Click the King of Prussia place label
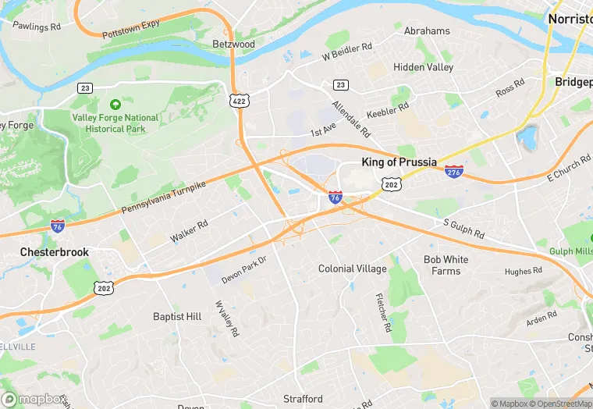pos(403,162)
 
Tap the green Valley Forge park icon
pos(115,105)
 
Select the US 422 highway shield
pos(239,100)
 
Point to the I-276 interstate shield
pos(453,171)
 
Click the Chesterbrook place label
pos(55,252)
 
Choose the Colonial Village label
pos(352,269)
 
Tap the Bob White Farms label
pos(446,265)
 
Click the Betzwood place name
pos(233,44)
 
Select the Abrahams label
pos(427,31)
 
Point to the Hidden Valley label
pos(423,67)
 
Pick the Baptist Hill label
pos(177,316)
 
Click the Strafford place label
pos(303,399)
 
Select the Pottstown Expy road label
pos(130,30)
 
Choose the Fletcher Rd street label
pos(382,312)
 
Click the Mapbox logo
pos(34,399)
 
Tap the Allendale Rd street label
pos(349,117)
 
